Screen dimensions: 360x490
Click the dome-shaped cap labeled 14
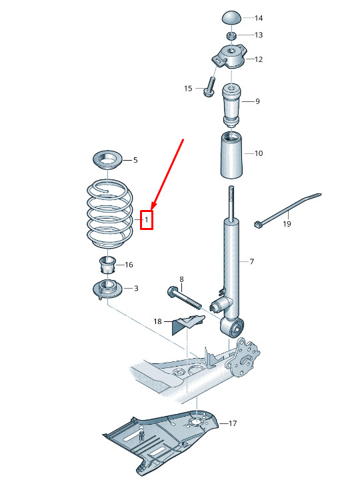(231, 17)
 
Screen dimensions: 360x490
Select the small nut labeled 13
(231, 35)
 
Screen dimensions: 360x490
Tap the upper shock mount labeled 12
(230, 57)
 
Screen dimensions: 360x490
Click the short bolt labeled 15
(210, 87)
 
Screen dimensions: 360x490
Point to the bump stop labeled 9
(231, 105)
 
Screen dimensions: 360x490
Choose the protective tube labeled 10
(231, 155)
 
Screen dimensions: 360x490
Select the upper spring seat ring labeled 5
(107, 160)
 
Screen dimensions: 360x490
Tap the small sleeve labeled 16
(107, 265)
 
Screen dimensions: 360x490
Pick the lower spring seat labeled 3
(107, 289)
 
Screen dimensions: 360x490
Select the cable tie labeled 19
(287, 210)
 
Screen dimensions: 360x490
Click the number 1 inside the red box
(146, 220)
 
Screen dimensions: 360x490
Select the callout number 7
(251, 261)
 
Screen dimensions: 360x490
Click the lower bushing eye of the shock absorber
(231, 327)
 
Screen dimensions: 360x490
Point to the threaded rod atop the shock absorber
(231, 203)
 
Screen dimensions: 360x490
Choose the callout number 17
(233, 423)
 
